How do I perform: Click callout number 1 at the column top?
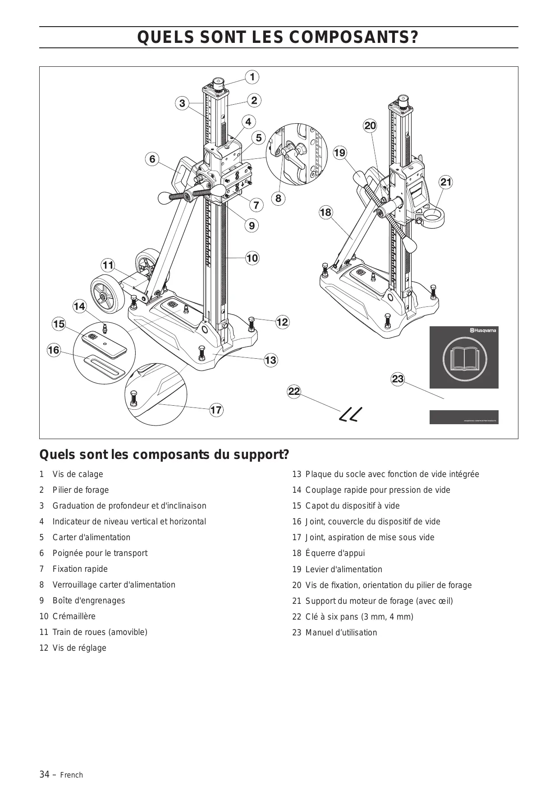click(x=252, y=77)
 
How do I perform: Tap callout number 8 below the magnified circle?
click(x=278, y=198)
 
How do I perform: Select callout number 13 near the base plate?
click(x=270, y=360)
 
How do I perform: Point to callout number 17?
click(x=216, y=410)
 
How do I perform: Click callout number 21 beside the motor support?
click(x=446, y=182)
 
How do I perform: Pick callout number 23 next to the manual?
click(x=398, y=379)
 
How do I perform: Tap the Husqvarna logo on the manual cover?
click(x=483, y=331)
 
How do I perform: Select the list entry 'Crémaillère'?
click(x=74, y=616)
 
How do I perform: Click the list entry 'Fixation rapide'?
click(x=80, y=569)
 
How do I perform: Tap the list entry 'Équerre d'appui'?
click(x=335, y=553)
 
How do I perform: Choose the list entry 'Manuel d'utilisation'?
click(x=341, y=633)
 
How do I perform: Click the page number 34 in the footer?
click(x=44, y=774)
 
